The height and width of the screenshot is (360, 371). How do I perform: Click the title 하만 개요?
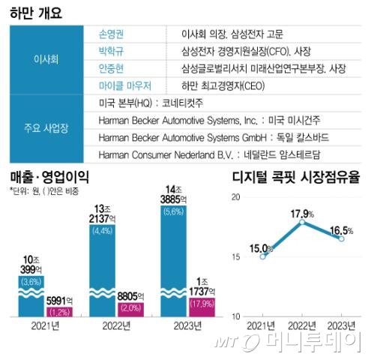(x=36, y=12)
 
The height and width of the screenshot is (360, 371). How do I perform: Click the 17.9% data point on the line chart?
(x=301, y=222)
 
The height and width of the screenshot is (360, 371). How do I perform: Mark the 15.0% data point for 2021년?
(x=263, y=256)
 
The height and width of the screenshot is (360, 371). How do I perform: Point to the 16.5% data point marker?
(x=341, y=238)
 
